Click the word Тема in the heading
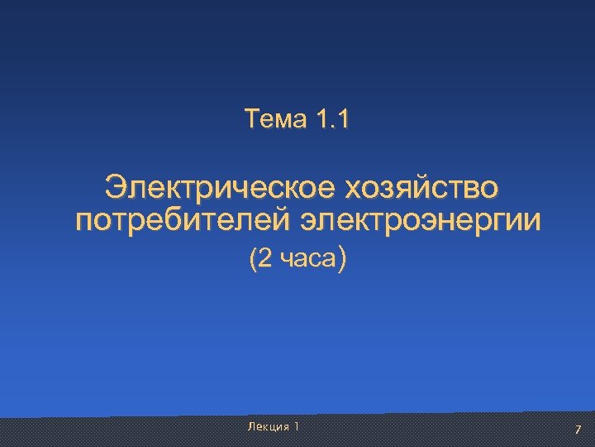coord(276,121)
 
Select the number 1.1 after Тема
coord(332,121)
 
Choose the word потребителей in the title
coord(183,222)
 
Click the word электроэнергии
coord(421,222)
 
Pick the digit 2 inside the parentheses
coord(264,261)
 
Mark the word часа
coord(306,262)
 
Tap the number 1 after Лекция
coord(297,426)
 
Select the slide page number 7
coord(578,429)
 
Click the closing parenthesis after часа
coord(343,261)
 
